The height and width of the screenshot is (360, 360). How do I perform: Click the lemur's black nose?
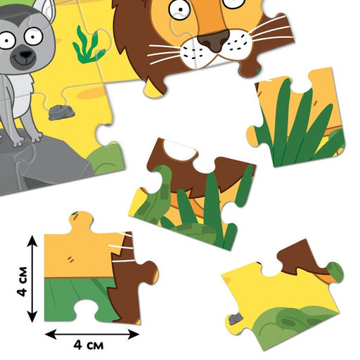pos(26,54)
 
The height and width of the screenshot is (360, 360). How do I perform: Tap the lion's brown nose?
pos(214,41)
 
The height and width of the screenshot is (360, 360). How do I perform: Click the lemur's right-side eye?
pos(33,37)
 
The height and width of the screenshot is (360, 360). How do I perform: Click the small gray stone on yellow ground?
pos(62,112)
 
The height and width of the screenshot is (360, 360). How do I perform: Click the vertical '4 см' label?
pos(22,281)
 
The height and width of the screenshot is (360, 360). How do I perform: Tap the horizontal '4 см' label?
pos(89,345)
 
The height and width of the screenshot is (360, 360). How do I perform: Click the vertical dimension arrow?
pos(32,278)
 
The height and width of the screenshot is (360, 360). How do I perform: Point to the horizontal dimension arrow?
pos(92,334)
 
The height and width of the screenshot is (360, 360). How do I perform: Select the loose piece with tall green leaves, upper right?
pos(297,117)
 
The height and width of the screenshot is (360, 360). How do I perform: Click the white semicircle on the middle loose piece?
pos(180,150)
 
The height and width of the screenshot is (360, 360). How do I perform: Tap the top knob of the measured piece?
pos(81,221)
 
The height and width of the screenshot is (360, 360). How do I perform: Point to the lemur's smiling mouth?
pos(23,61)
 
